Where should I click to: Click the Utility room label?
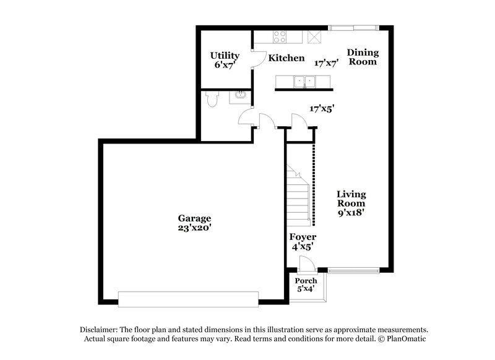click(x=225, y=56)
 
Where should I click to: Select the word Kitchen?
click(x=286, y=58)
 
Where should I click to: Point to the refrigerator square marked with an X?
click(x=316, y=36)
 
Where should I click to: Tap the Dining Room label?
click(x=362, y=57)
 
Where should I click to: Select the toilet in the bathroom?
click(x=212, y=98)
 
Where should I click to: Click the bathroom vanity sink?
click(x=239, y=96)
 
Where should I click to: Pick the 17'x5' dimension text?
click(x=322, y=108)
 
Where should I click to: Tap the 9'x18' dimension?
click(x=351, y=212)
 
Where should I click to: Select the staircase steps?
click(x=298, y=195)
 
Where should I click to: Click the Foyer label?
click(x=303, y=237)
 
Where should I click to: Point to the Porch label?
click(x=306, y=281)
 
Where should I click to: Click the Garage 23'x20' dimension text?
click(x=195, y=228)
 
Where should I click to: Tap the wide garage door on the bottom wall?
click(x=188, y=299)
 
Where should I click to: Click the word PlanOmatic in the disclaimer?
click(x=404, y=339)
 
